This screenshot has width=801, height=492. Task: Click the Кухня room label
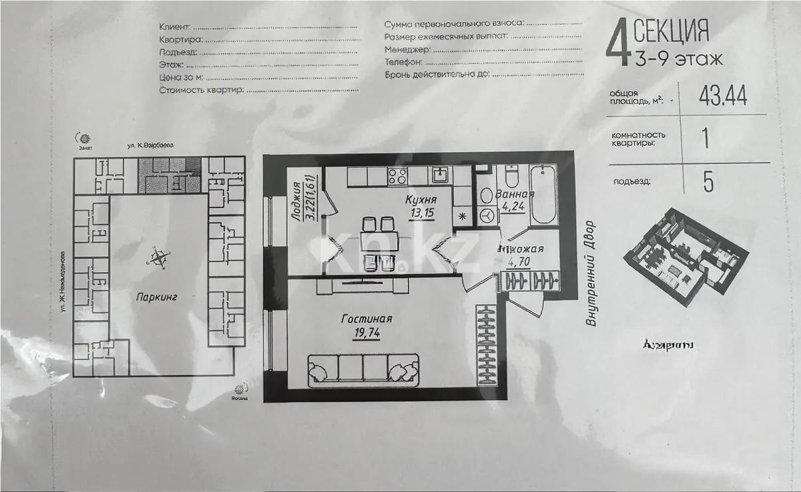tap(421, 199)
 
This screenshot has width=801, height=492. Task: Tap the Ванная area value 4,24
tap(514, 206)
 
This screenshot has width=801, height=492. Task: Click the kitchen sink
tap(441, 175)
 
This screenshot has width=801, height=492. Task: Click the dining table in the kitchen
tap(378, 241)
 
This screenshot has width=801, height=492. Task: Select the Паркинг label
tap(157, 298)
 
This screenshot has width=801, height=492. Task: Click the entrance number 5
tap(708, 181)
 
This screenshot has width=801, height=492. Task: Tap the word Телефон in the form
tap(403, 61)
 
